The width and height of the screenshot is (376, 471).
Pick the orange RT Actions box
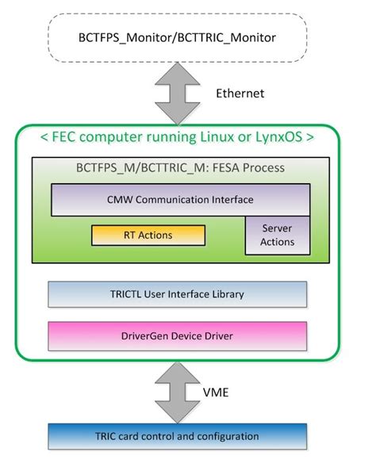(148, 235)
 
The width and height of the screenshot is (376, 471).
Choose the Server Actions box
(277, 235)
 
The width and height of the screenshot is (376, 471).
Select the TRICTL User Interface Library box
(176, 294)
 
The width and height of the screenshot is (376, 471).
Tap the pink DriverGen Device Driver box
(176, 335)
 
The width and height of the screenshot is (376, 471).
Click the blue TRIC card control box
(176, 436)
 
